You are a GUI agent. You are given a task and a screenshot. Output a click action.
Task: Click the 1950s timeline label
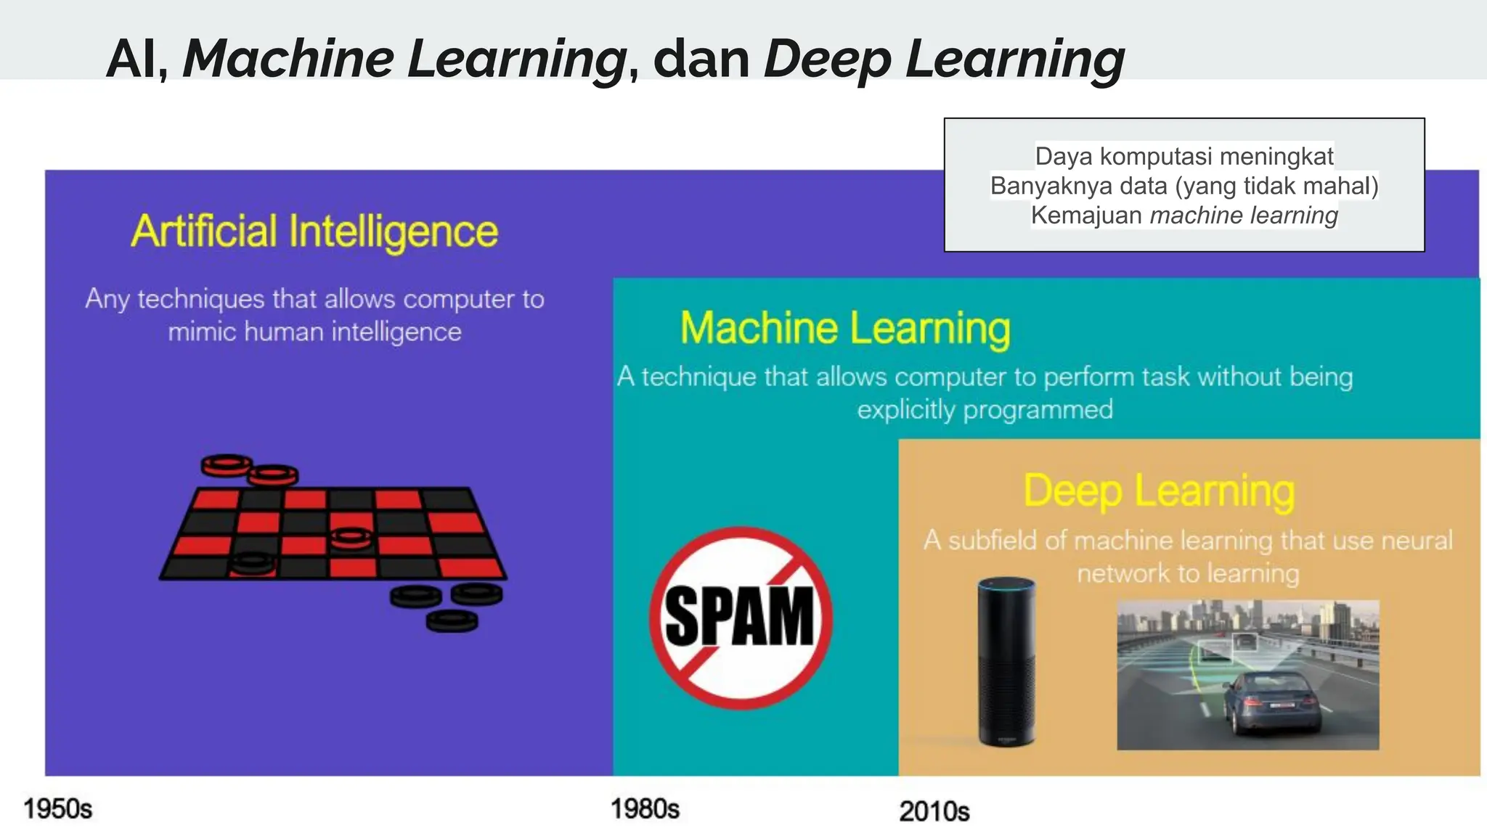[x=58, y=808]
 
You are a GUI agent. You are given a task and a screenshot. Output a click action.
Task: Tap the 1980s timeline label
[x=645, y=808]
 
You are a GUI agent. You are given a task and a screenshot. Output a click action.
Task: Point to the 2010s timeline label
[x=934, y=811]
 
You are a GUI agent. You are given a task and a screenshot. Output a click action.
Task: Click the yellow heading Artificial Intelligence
[x=314, y=231]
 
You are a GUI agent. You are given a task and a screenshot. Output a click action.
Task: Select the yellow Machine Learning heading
[x=845, y=328]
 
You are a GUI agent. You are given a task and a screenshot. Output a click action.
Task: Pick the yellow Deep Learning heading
[x=1159, y=491]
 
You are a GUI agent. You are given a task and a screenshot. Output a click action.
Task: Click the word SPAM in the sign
[x=740, y=617]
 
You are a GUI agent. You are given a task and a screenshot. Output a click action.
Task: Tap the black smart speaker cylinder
[x=1006, y=664]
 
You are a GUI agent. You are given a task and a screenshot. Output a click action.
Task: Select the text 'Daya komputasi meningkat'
[x=1184, y=156]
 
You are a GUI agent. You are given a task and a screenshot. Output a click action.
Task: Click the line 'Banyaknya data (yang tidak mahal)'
[x=1184, y=186]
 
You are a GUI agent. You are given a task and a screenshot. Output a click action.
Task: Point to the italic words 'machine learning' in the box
[x=1244, y=216]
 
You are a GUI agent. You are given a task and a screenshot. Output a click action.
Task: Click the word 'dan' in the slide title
[x=701, y=59]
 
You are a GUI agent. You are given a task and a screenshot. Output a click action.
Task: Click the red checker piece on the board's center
[x=351, y=538]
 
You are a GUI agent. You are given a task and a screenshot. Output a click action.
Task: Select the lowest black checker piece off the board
[x=452, y=621]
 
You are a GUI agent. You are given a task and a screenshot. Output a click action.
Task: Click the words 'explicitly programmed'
[x=985, y=410]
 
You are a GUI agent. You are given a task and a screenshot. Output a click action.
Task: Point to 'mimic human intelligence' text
[x=314, y=332]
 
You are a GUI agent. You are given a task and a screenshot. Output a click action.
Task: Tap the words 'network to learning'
[x=1188, y=574]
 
